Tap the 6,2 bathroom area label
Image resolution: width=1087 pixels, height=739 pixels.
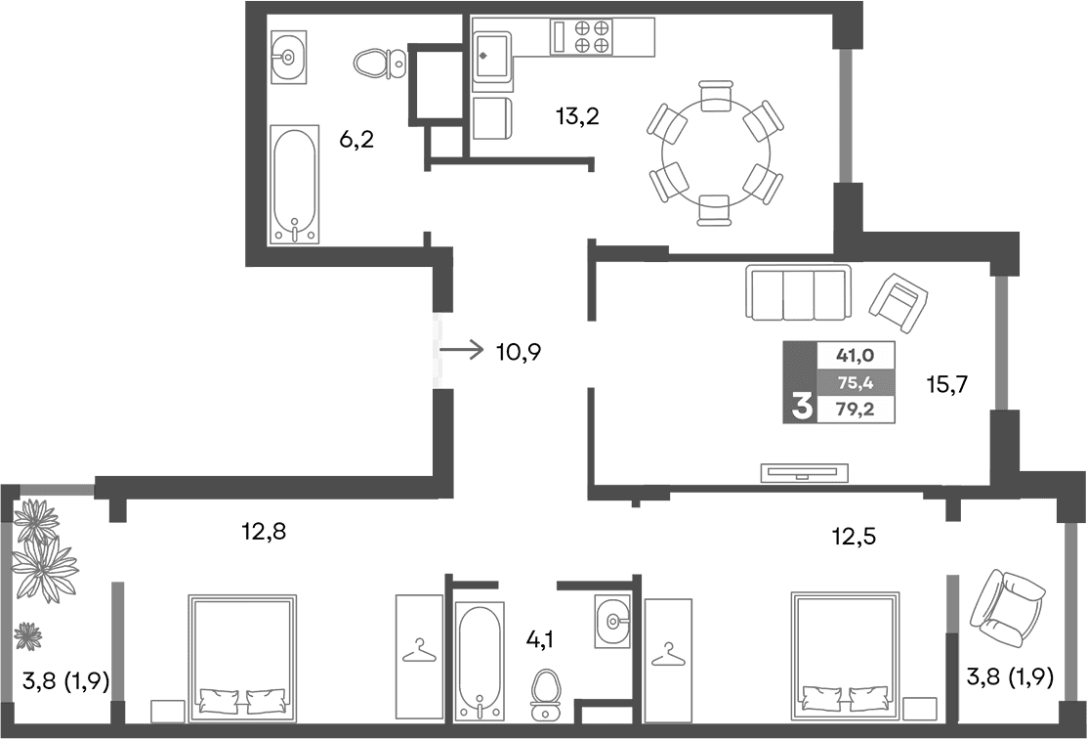coord(356,140)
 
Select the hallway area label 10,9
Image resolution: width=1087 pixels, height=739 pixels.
coord(519,351)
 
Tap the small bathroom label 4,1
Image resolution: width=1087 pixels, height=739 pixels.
coord(541,639)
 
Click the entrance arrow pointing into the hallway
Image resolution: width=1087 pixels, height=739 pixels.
coord(462,349)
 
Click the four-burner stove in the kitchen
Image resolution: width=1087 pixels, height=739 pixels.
coord(594,37)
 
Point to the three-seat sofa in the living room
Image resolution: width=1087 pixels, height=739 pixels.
coord(798,292)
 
